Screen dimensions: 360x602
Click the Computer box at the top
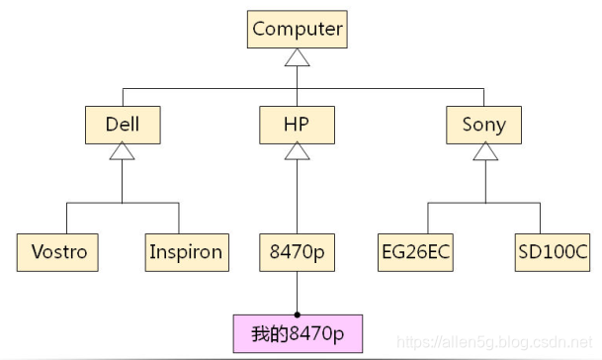click(x=298, y=29)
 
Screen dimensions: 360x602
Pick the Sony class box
click(x=483, y=125)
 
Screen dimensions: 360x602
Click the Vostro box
click(x=58, y=251)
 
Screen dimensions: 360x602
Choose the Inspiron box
click(x=185, y=251)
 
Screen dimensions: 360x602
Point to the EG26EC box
click(x=415, y=251)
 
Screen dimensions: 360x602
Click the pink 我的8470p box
click(x=298, y=333)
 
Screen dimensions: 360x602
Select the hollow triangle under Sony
click(x=483, y=152)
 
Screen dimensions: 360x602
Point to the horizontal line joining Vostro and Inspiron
click(x=122, y=204)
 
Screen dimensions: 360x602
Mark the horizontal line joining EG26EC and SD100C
click(x=483, y=204)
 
